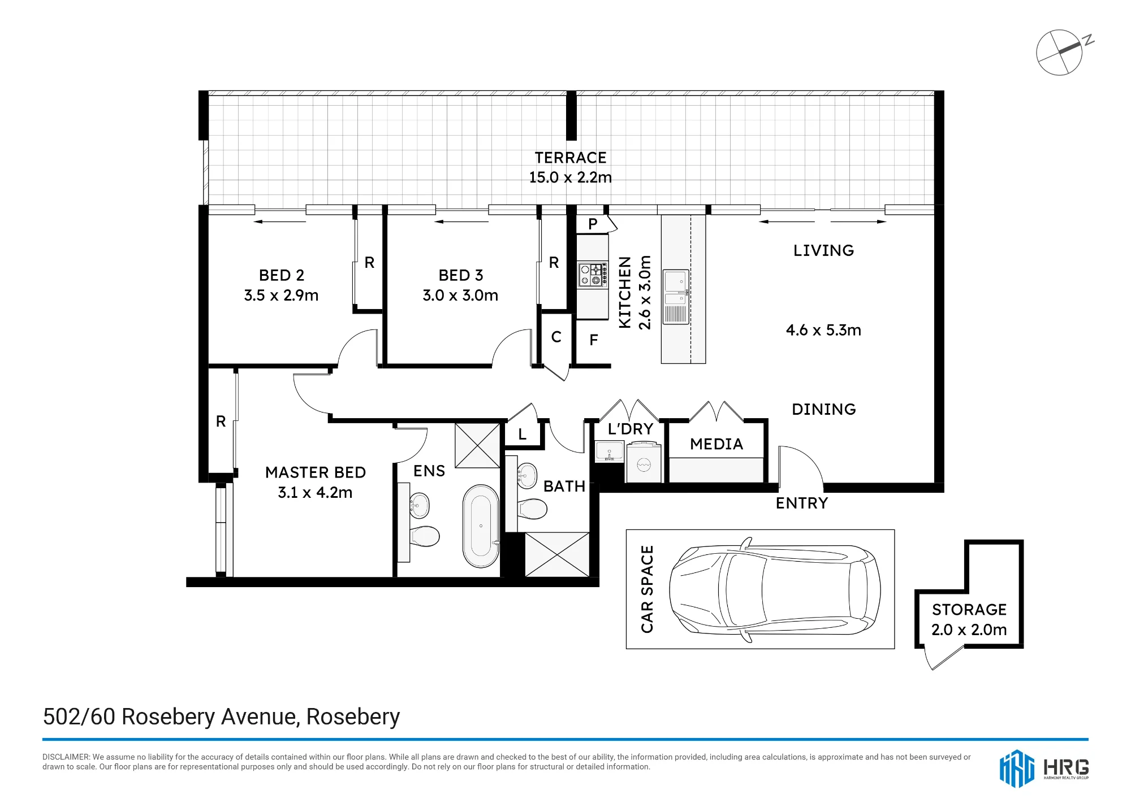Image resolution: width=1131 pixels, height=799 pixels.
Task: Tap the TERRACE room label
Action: pyautogui.click(x=571, y=158)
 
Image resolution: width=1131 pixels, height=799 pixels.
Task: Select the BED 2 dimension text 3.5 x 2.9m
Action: pyautogui.click(x=281, y=295)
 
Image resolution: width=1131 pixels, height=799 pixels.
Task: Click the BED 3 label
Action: pyautogui.click(x=461, y=275)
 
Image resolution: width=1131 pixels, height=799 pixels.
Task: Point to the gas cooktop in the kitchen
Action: pyautogui.click(x=593, y=275)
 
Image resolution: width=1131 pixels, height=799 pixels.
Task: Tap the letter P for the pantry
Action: pyautogui.click(x=593, y=224)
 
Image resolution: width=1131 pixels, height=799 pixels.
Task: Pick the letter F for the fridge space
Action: pyautogui.click(x=594, y=340)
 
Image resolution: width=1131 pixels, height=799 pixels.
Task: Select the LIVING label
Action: pyautogui.click(x=823, y=250)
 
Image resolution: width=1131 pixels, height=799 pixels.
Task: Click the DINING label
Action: pyautogui.click(x=824, y=409)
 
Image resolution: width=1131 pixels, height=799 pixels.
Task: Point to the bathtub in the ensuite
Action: pyautogui.click(x=481, y=526)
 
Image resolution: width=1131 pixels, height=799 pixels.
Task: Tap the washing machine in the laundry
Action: pyautogui.click(x=644, y=463)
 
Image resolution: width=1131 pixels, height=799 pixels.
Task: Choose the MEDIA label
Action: pyautogui.click(x=716, y=444)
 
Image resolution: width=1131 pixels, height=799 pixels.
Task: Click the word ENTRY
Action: pyautogui.click(x=802, y=503)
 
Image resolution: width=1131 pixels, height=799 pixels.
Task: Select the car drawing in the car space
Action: pyautogui.click(x=775, y=589)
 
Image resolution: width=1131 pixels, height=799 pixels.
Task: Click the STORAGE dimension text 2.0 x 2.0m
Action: pyautogui.click(x=969, y=629)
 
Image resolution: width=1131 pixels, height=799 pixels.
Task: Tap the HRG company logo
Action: pyautogui.click(x=1044, y=768)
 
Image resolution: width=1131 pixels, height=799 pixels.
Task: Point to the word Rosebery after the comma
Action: pyautogui.click(x=353, y=717)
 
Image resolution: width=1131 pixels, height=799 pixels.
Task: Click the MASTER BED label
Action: pyautogui.click(x=316, y=472)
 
